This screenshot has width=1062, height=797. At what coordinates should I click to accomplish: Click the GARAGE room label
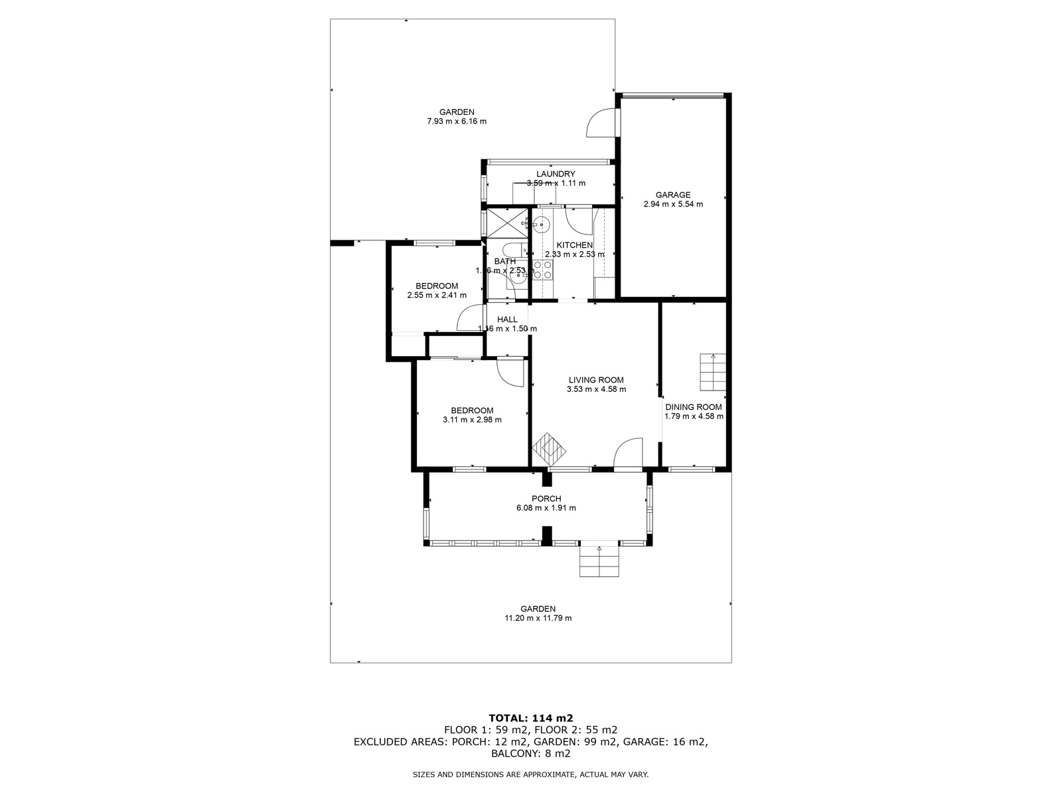point(673,195)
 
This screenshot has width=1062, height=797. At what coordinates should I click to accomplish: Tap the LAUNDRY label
point(556,174)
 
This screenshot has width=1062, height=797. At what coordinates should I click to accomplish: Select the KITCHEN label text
point(574,245)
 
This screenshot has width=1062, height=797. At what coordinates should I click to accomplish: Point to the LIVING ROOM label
point(596,380)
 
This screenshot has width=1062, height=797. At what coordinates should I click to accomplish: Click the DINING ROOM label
point(694,407)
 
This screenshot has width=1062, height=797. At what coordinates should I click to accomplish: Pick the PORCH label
point(546,499)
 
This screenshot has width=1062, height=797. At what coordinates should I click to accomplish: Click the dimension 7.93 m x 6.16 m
point(456,122)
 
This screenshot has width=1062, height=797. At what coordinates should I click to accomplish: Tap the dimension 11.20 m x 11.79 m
point(538,618)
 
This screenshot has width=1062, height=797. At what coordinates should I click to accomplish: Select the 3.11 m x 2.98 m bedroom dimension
point(472,420)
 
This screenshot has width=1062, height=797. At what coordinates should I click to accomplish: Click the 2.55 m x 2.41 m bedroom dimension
point(437,296)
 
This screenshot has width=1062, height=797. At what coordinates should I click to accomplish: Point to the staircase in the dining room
point(713,373)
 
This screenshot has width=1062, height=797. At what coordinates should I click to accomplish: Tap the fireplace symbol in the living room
point(550,450)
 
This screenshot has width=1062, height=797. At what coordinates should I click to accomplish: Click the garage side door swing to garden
point(600,123)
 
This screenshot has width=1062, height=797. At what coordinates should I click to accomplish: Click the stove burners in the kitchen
point(542,270)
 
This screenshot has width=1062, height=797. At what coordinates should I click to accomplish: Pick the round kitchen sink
point(542,224)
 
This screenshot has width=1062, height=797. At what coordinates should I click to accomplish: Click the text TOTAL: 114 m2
point(530,718)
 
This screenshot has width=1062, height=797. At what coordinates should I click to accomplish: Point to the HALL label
point(507,319)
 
